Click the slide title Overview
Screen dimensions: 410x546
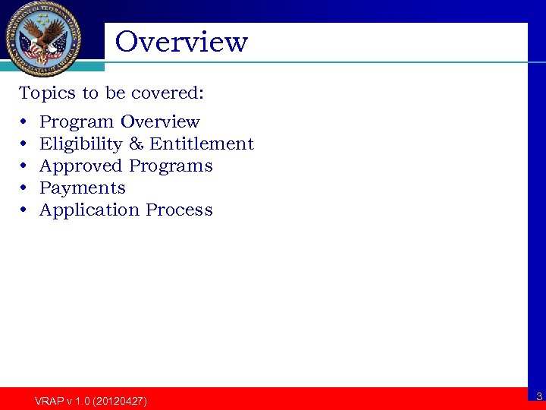[181, 42]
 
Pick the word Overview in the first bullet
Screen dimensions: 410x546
[160, 121]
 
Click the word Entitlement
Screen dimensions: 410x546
[202, 143]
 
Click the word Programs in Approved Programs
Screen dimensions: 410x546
[171, 166]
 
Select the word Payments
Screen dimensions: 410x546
[82, 188]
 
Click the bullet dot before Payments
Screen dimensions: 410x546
[24, 188]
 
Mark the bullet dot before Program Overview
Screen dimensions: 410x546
[24, 121]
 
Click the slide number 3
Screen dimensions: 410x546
[538, 396]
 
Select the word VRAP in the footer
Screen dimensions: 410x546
[48, 400]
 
